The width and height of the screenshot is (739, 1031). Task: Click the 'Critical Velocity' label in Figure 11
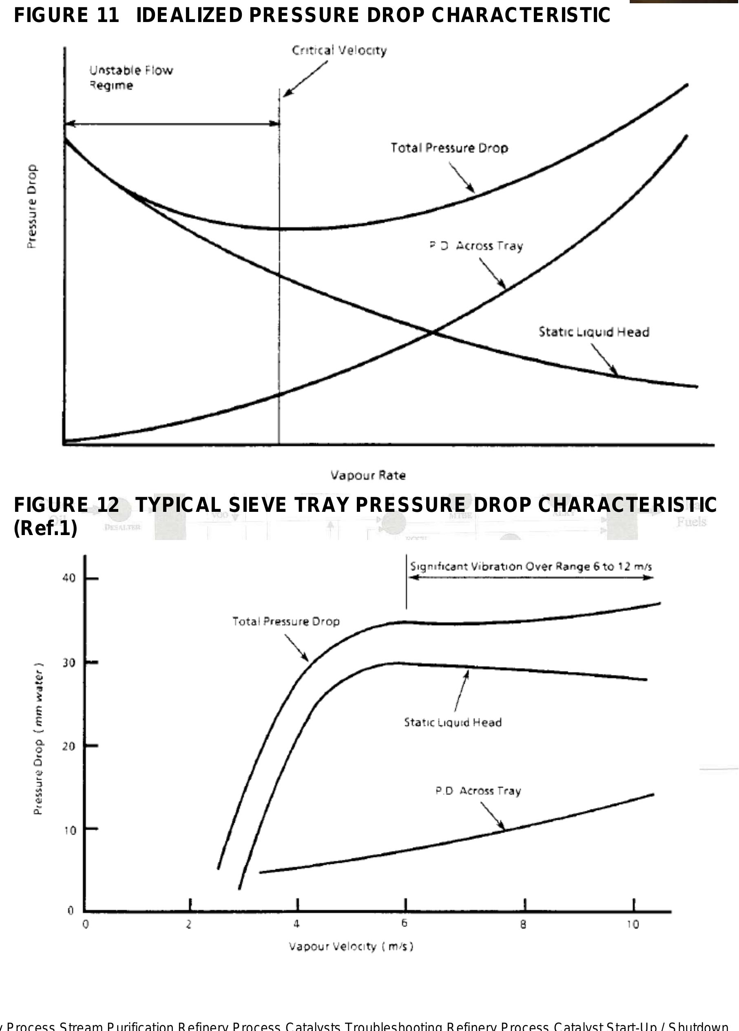pos(339,50)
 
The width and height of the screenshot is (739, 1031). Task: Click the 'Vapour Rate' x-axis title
pos(368,476)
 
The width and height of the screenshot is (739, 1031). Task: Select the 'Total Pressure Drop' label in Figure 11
pos(449,148)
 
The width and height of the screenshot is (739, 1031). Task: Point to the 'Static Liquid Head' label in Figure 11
pos(593,332)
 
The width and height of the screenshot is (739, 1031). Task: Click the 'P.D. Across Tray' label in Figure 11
pos(476,246)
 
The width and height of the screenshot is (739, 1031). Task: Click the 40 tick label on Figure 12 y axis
pos(69,578)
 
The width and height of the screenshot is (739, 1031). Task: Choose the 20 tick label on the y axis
pos(69,746)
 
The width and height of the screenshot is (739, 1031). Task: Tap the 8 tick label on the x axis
pos(523,924)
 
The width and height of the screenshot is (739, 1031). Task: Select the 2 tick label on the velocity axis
pos(188,924)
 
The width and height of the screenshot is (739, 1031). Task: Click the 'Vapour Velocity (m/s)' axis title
pos(351,947)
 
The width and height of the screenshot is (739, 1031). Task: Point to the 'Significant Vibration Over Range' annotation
pos(530,566)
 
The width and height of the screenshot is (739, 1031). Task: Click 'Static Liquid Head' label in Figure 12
pos(453,722)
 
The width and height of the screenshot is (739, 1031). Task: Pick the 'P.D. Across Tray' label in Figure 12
pos(478,790)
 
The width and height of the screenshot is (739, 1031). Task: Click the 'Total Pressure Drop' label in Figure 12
pos(286,622)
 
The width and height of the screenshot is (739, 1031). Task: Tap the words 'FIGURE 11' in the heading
pos(66,15)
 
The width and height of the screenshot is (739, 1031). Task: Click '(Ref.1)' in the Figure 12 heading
pos(45,529)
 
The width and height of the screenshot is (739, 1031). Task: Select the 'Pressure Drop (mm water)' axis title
pos(39,739)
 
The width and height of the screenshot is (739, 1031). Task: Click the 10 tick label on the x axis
pos(633,924)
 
